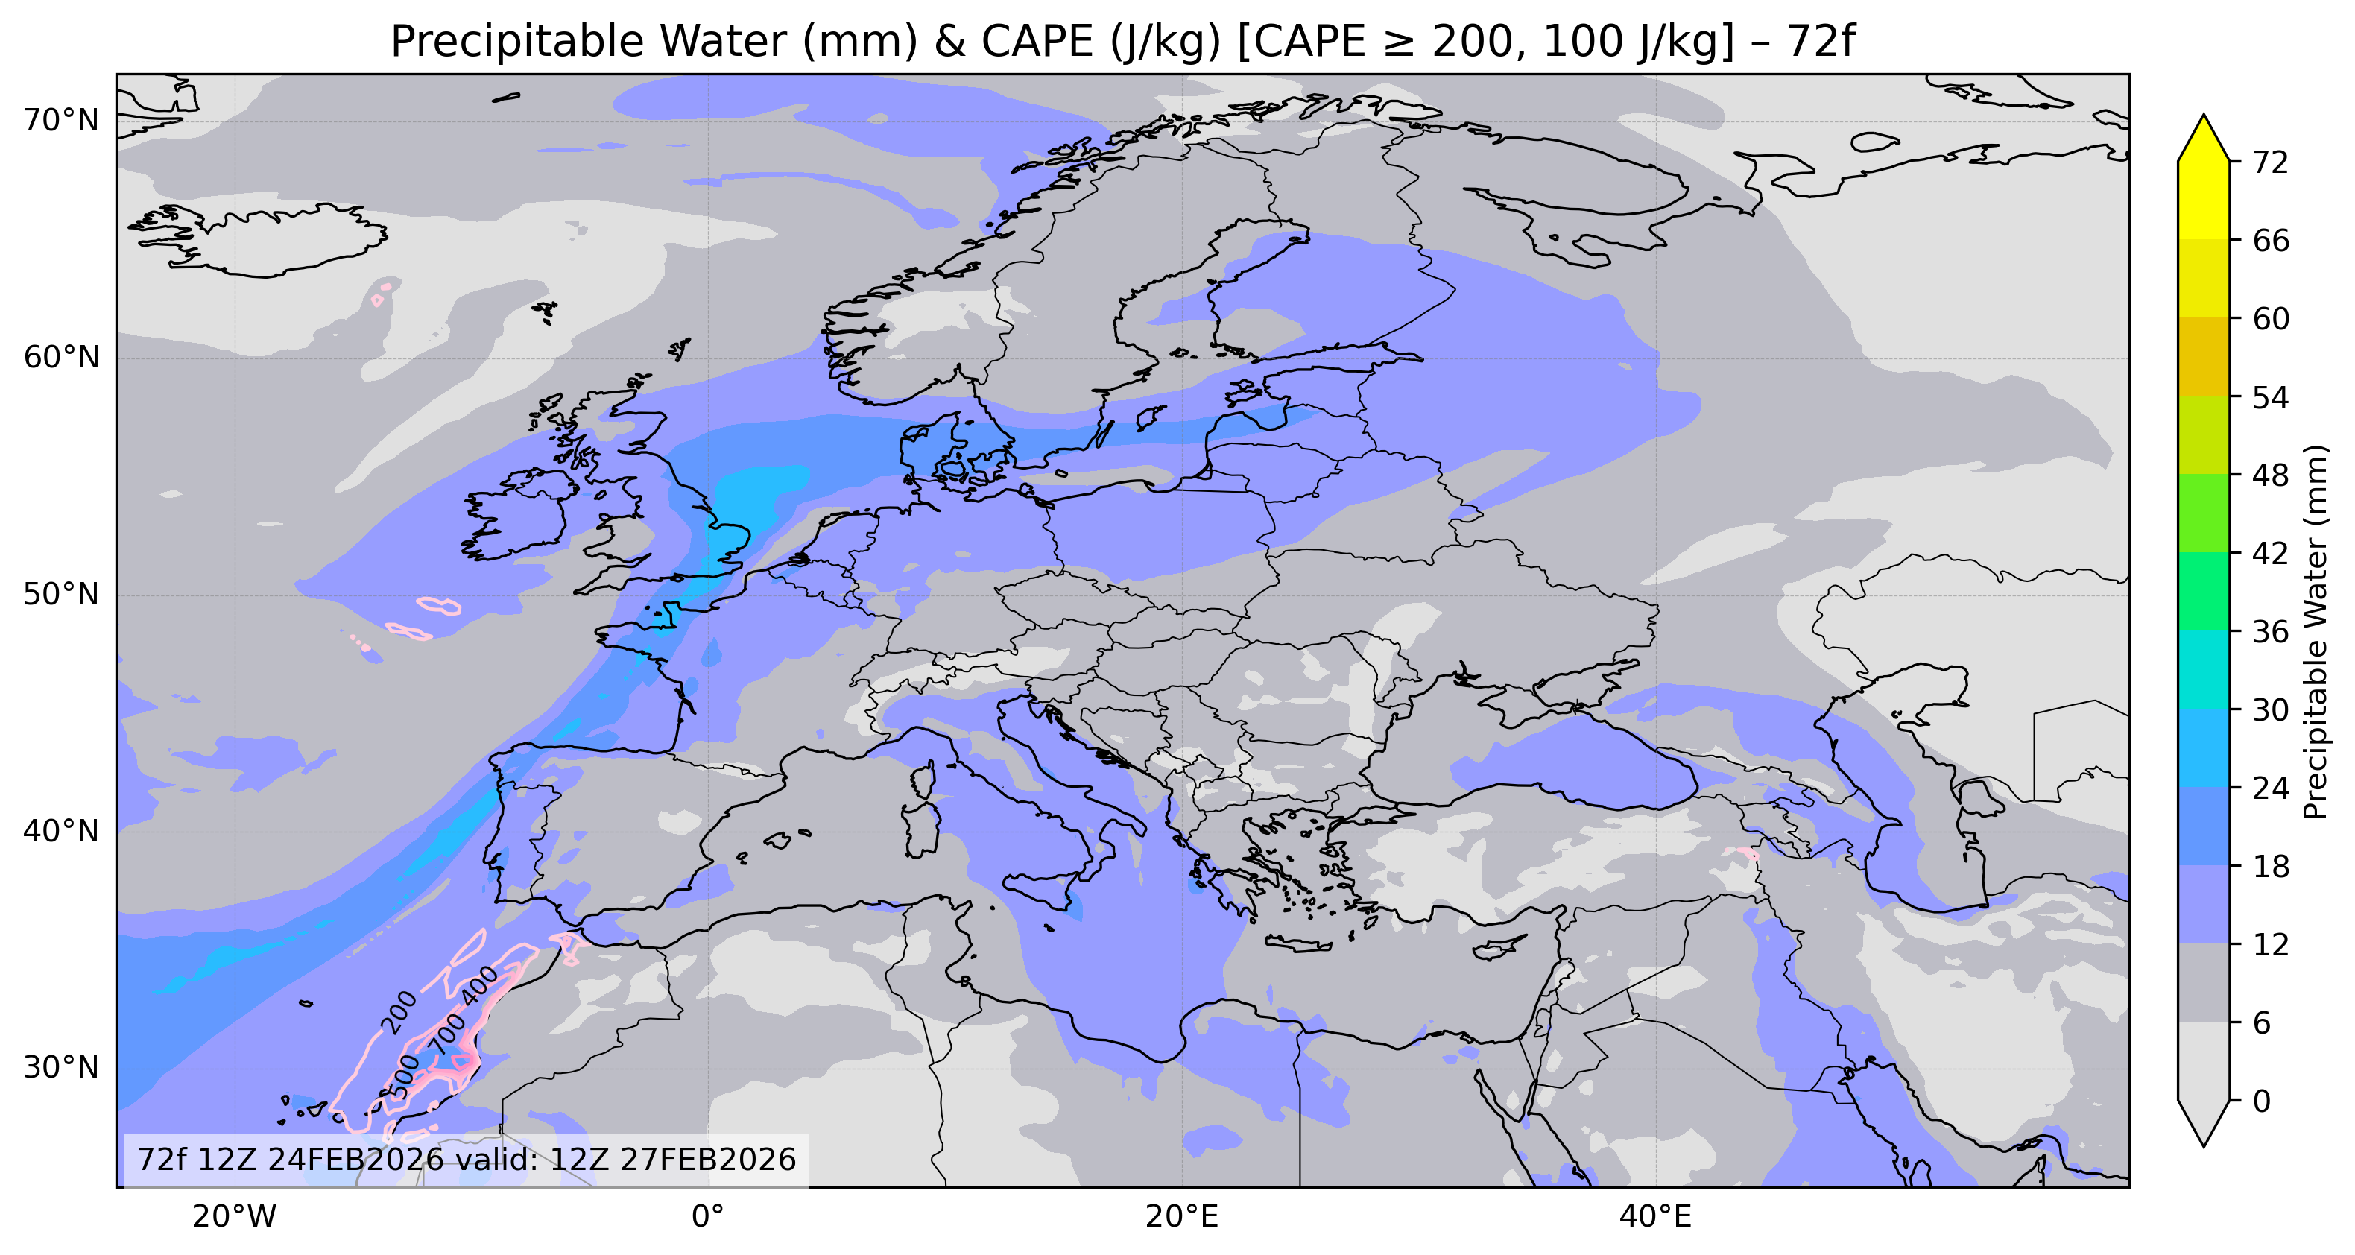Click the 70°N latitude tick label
pos(60,120)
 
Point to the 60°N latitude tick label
pos(60,358)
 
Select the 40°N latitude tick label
pos(60,831)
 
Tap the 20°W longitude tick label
pos(234,1216)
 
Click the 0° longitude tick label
pos(706,1216)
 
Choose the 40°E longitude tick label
pos(1654,1216)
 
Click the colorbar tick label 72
pos(2271,162)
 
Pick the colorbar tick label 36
pos(2271,632)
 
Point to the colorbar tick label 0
pos(2262,1101)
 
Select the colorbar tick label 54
pos(2271,398)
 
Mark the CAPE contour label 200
pos(399,1012)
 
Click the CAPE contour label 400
pos(480,985)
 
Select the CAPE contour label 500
pos(405,1076)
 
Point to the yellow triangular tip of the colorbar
pos(2203,137)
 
